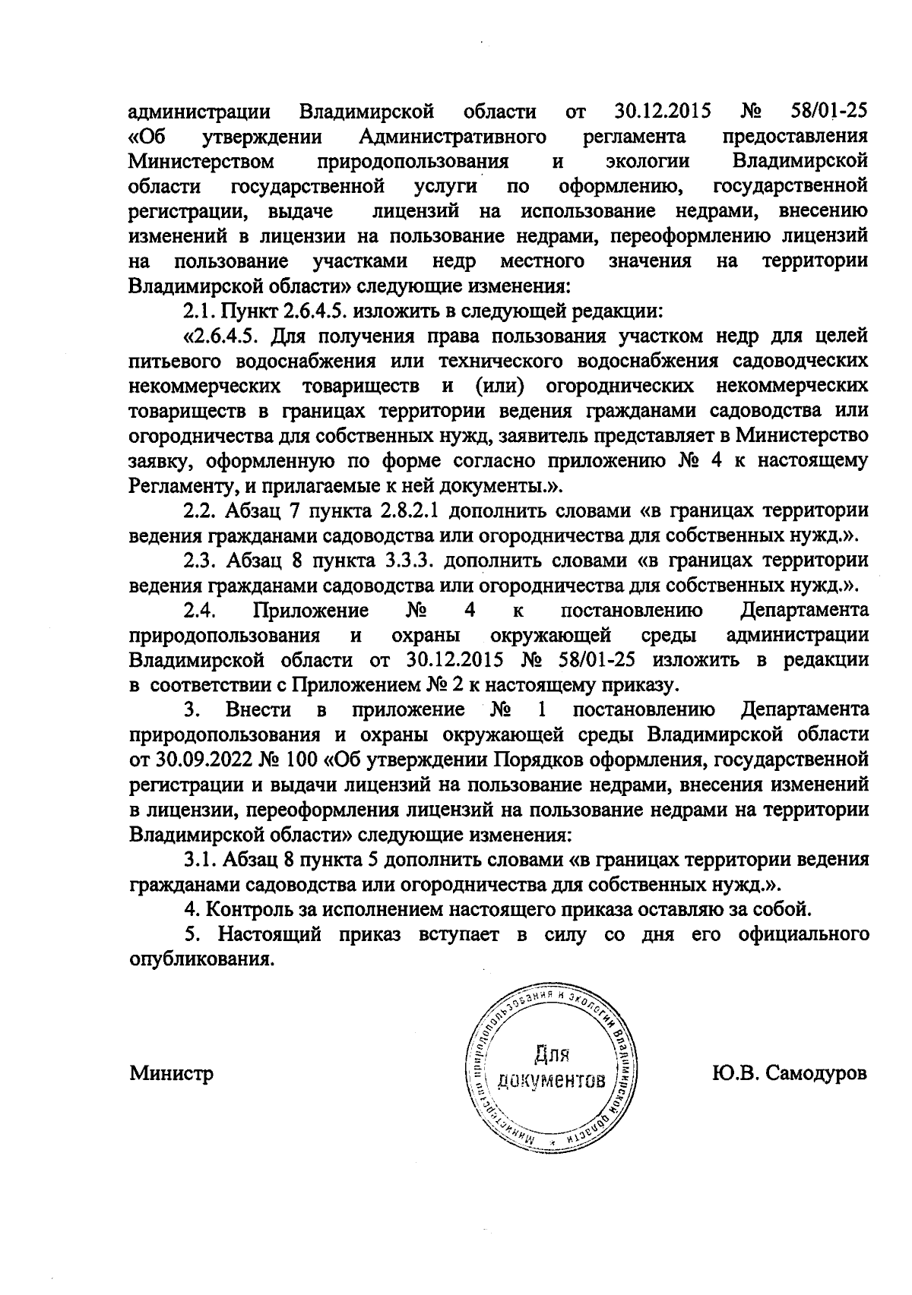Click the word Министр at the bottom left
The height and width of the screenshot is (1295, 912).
coord(171,1073)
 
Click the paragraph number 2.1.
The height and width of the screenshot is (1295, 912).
coord(198,311)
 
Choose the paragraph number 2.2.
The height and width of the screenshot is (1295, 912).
coord(202,509)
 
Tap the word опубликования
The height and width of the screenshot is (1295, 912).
coord(201,959)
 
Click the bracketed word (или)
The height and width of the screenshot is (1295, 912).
coord(496,385)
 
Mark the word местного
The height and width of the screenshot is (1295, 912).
coord(543,261)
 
